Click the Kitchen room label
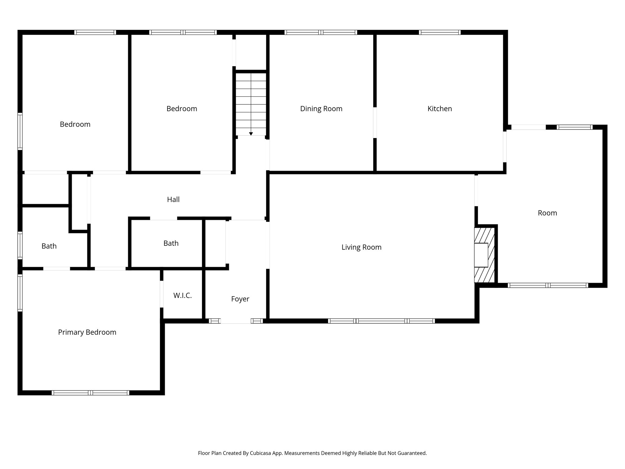point(439,109)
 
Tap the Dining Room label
point(321,109)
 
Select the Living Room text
point(361,247)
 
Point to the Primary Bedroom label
point(87,332)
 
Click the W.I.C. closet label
point(182,296)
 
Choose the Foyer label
point(240,299)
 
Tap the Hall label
point(173,200)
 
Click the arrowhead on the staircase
point(251,134)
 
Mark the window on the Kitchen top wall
point(439,32)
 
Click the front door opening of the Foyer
point(236,321)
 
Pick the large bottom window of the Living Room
point(381,321)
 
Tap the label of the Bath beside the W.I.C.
point(171,243)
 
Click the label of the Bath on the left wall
point(49,246)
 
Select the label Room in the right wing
point(547,213)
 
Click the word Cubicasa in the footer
point(261,453)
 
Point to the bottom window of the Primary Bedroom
point(90,393)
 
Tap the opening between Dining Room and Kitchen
point(375,122)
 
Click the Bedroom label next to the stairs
point(182,109)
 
